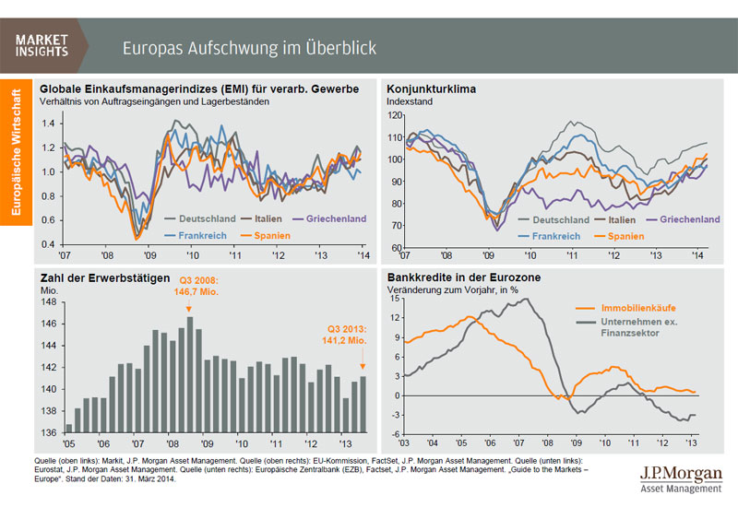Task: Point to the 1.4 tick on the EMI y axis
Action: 47,123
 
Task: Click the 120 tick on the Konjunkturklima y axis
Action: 395,115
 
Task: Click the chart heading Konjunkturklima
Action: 430,88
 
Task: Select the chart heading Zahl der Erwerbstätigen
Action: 104,277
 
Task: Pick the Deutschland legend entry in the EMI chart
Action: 199,218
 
